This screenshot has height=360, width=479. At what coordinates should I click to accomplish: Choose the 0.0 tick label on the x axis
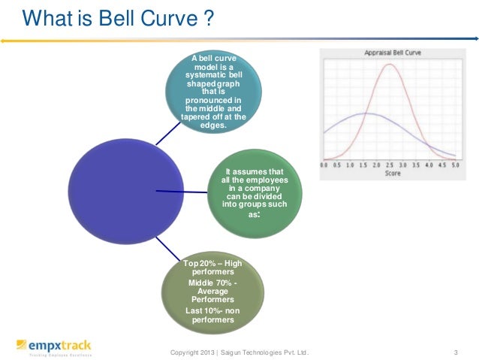[x=324, y=165]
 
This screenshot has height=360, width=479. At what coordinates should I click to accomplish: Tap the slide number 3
[x=456, y=351]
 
